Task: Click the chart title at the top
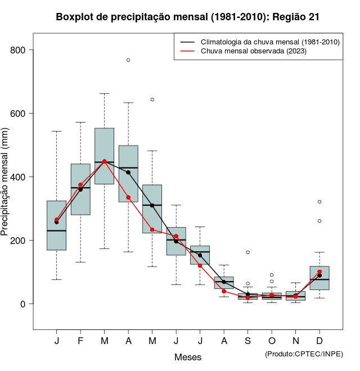point(188,17)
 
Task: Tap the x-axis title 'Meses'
point(188,357)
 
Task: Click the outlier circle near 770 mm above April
point(128,60)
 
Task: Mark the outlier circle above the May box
point(152,99)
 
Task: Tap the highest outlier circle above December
point(319,201)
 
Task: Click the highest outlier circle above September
point(247,252)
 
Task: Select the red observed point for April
point(128,197)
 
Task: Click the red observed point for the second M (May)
point(152,229)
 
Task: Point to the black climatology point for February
point(80,189)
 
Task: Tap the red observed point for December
point(319,272)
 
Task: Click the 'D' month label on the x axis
point(319,341)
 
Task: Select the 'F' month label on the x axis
point(80,341)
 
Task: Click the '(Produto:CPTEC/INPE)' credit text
point(304,354)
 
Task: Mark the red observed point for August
point(224,291)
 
